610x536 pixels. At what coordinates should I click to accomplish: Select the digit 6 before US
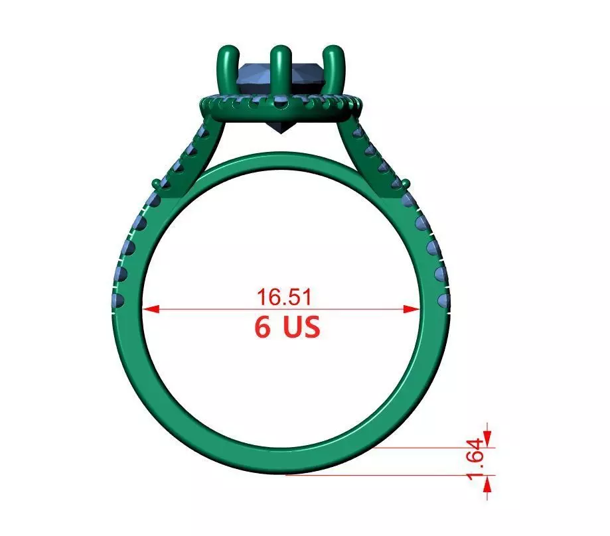(263, 327)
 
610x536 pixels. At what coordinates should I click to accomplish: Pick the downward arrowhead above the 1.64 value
(488, 438)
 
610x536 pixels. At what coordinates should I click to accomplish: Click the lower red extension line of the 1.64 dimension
(385, 475)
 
